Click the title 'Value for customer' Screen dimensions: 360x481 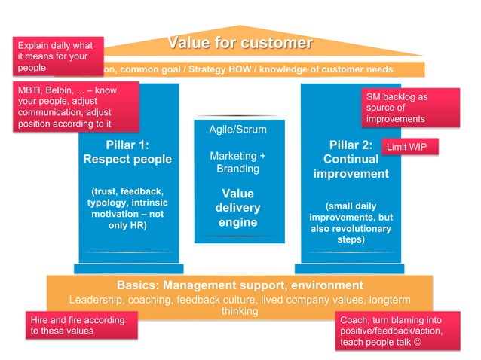(x=240, y=43)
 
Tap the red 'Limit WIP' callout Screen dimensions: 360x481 (x=411, y=148)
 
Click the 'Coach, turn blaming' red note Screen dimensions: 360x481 (x=397, y=332)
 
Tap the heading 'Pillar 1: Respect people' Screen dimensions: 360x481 (x=127, y=151)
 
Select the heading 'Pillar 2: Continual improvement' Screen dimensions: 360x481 (x=351, y=159)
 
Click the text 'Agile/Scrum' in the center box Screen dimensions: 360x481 (x=237, y=130)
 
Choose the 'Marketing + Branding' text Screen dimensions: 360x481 (x=237, y=162)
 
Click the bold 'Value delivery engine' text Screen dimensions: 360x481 (x=237, y=208)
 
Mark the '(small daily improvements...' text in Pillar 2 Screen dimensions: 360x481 (x=351, y=223)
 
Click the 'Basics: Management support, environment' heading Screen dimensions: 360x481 (x=240, y=285)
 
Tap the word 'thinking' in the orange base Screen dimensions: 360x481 (x=240, y=311)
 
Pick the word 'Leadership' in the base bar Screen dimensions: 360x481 (x=97, y=299)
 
